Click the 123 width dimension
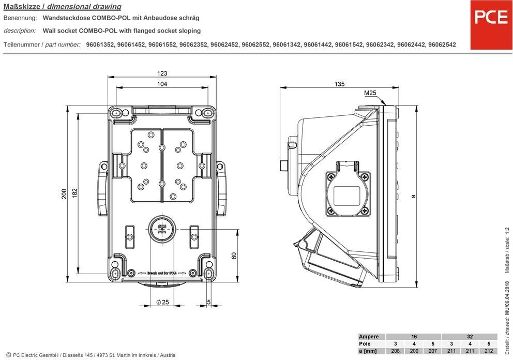coord(162,73)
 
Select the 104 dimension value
coord(162,84)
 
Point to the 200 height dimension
coord(64,194)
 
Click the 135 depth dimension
coord(340,84)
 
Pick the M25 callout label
coord(370,93)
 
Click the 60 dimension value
coord(234,256)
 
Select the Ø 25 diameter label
coord(162,303)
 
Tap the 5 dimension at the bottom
coord(208,303)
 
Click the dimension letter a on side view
coord(413,196)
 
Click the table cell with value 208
coord(395,352)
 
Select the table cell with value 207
coord(432,352)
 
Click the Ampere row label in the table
coord(372,337)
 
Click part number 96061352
coord(101,45)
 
